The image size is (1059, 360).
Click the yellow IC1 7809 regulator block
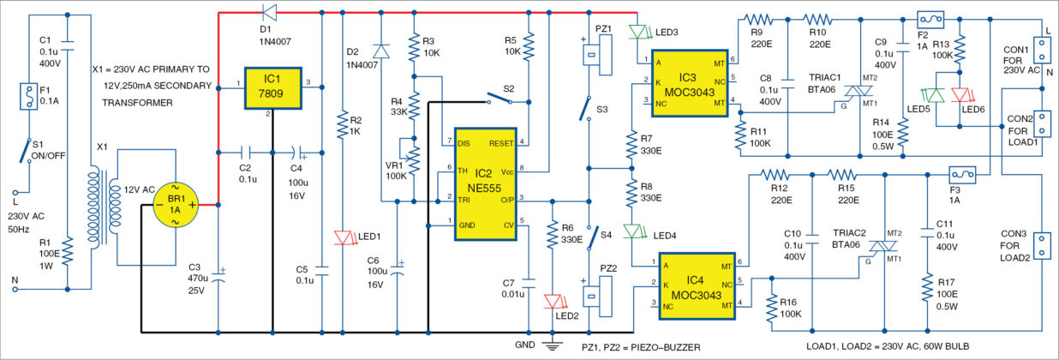click(272, 88)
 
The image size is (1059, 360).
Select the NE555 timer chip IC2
click(485, 184)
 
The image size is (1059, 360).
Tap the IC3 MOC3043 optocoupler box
click(690, 83)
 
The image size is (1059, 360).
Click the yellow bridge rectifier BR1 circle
click(176, 205)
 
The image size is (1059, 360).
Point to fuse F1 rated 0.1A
click(29, 97)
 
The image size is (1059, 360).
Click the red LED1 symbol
click(343, 237)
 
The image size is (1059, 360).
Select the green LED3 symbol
click(637, 33)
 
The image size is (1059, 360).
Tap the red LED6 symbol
click(960, 94)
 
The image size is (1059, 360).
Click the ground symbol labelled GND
click(552, 345)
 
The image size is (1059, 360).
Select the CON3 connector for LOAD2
click(1042, 245)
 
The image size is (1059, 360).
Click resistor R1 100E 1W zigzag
click(68, 251)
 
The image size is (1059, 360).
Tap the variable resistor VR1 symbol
click(410, 155)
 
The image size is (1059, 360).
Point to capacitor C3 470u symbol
click(218, 277)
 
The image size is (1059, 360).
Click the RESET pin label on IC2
click(501, 143)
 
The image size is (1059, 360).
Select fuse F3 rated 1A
click(962, 175)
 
